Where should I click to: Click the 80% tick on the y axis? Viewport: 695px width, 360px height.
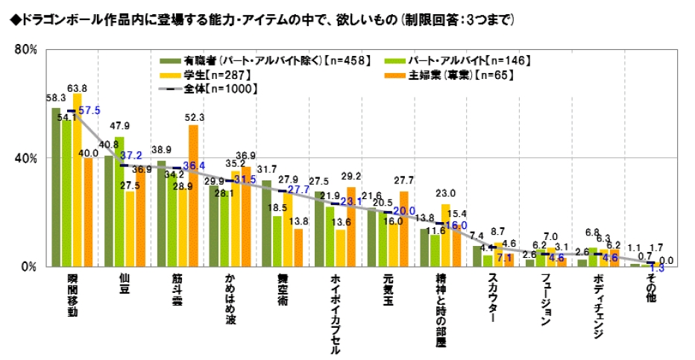pyautogui.click(x=25, y=50)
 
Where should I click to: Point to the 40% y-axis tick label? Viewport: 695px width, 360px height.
pyautogui.click(x=25, y=158)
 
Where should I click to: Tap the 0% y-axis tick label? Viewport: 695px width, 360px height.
pyautogui.click(x=28, y=266)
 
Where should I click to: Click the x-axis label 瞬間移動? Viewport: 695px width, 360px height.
pyautogui.click(x=72, y=294)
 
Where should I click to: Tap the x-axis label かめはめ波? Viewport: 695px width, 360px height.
pyautogui.click(x=231, y=299)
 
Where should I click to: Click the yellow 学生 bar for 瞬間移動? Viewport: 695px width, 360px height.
pyautogui.click(x=77, y=180)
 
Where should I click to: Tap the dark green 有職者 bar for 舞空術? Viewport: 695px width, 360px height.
pyautogui.click(x=266, y=223)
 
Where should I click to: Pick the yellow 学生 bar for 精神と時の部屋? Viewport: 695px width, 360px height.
pyautogui.click(x=445, y=235)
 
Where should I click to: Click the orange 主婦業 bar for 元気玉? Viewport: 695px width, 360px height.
pyautogui.click(x=404, y=229)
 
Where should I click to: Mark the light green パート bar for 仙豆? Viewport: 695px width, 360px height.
pyautogui.click(x=119, y=201)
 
